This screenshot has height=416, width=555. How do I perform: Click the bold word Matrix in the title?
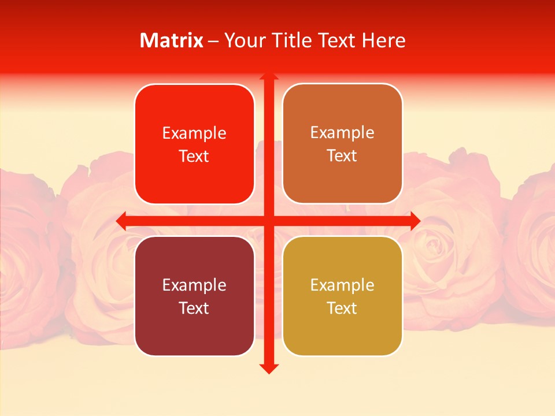(x=172, y=40)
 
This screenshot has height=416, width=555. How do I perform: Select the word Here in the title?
(x=384, y=40)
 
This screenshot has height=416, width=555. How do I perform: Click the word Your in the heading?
(x=243, y=40)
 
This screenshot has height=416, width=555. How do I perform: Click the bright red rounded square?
(x=194, y=144)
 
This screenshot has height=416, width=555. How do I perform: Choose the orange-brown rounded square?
(x=342, y=144)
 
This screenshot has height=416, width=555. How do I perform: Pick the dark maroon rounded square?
(x=194, y=296)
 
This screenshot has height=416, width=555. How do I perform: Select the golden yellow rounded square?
(x=342, y=296)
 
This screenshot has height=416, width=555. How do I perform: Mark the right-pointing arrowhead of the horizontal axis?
(x=415, y=221)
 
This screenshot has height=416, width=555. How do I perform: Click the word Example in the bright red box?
(x=194, y=133)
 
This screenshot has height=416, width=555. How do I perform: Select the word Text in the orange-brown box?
(x=342, y=156)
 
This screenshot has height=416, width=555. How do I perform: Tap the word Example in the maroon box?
(x=194, y=285)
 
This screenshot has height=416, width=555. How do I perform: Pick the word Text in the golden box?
(x=342, y=308)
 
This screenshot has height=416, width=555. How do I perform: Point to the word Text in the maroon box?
(x=194, y=308)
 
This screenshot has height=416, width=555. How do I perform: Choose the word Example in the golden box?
(x=342, y=285)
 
